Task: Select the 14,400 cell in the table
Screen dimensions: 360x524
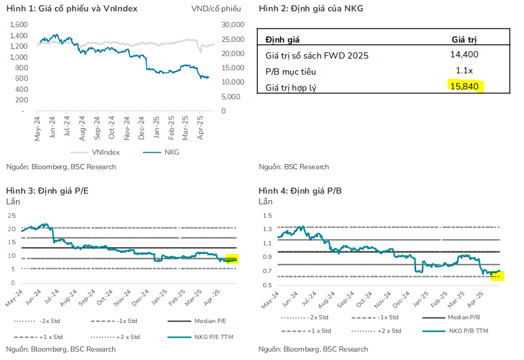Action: tap(465, 55)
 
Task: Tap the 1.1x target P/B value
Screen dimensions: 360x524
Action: tap(465, 70)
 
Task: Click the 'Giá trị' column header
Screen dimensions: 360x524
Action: tap(465, 39)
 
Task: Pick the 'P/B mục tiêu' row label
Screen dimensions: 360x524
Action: tap(291, 70)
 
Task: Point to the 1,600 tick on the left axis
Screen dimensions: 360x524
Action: tap(18, 25)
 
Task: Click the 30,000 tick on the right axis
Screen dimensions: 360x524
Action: tap(233, 25)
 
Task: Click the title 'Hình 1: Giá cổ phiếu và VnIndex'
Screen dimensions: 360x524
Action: tap(72, 9)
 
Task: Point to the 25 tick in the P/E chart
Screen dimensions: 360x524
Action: tap(12, 215)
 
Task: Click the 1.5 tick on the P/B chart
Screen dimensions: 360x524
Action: tap(267, 216)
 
